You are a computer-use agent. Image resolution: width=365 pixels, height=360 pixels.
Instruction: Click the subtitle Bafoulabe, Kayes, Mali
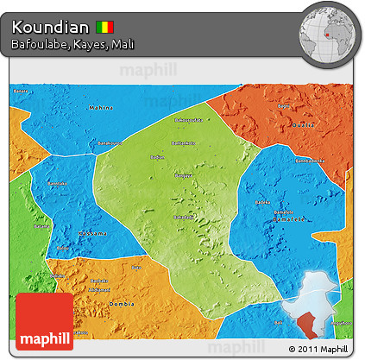pyautogui.click(x=72, y=43)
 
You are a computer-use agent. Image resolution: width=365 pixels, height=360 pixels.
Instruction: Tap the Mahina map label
pyautogui.click(x=101, y=108)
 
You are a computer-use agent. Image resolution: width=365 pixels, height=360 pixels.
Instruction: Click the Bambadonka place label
pyautogui.click(x=309, y=160)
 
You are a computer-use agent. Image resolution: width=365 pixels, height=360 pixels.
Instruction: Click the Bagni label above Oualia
pyautogui.click(x=284, y=106)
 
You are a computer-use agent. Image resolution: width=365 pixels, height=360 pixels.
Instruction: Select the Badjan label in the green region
pyautogui.click(x=157, y=157)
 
